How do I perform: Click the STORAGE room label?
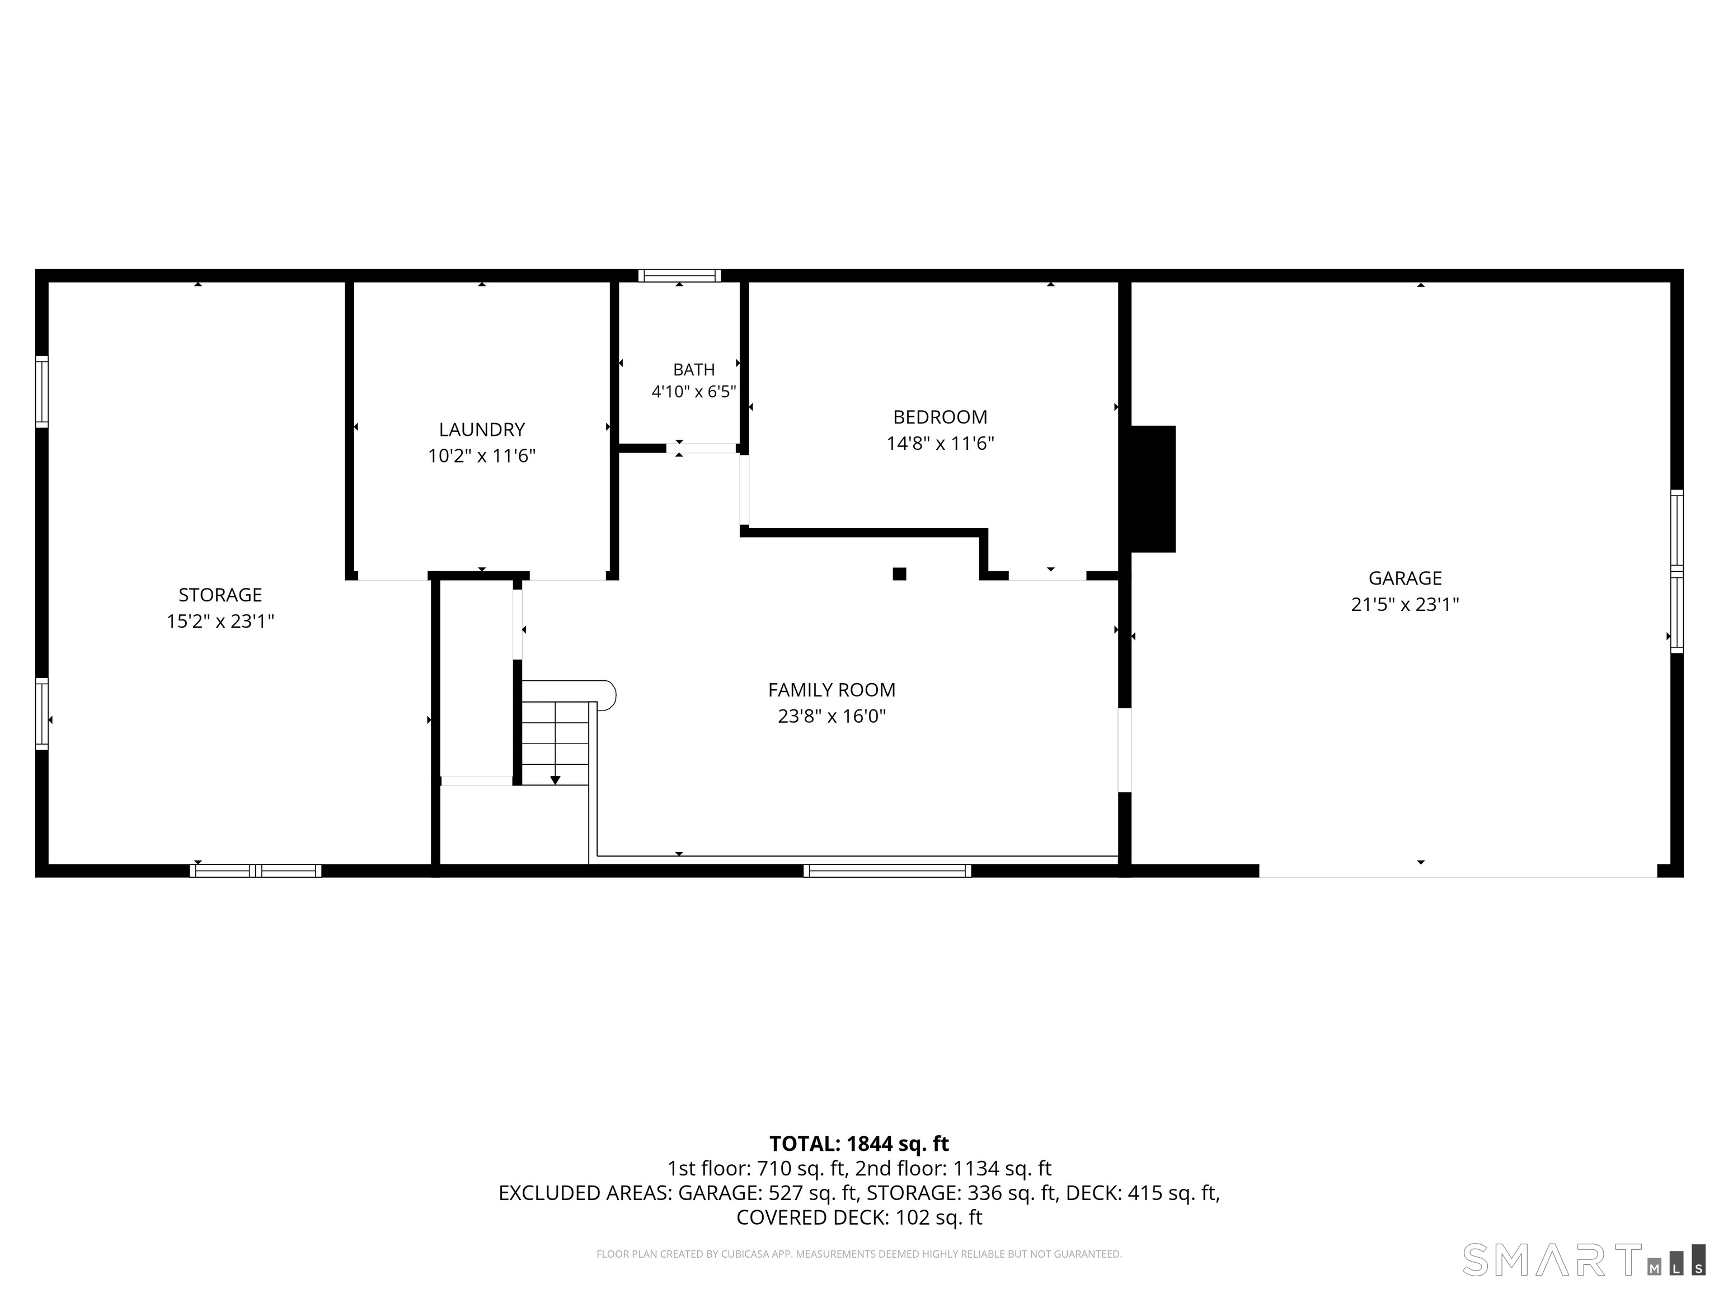[220, 595]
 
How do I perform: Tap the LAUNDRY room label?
[482, 430]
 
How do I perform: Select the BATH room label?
[694, 370]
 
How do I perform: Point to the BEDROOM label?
[940, 417]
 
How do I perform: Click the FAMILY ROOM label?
[832, 690]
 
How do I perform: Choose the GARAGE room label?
[1405, 578]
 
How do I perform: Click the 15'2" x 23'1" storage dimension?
[220, 622]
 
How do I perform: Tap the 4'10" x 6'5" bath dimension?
[694, 392]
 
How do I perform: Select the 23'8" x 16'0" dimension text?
[832, 716]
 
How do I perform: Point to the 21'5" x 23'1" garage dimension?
[1405, 604]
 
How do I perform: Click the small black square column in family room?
[899, 574]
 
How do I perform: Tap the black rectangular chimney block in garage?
[1153, 489]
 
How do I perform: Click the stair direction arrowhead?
[555, 780]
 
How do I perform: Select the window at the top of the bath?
[679, 276]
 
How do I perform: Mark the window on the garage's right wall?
[1677, 571]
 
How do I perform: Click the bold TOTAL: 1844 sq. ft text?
[859, 1144]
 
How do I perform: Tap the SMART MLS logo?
[1584, 1259]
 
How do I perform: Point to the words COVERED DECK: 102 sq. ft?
[859, 1217]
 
